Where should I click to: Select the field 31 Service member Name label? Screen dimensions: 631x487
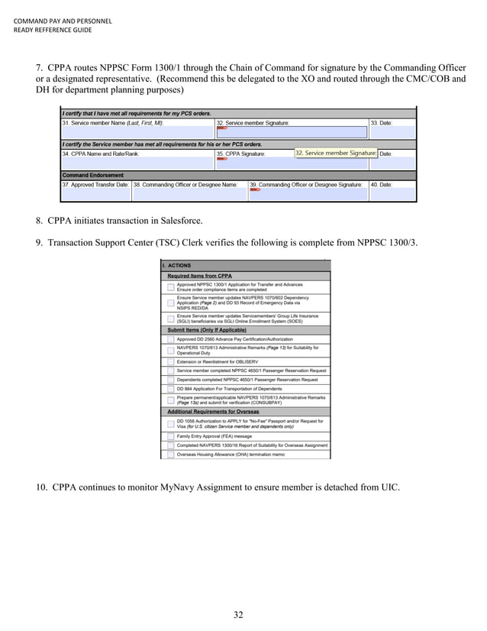pos(113,122)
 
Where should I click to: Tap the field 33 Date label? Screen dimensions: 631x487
pos(382,122)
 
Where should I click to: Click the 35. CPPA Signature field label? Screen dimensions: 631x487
pos(241,154)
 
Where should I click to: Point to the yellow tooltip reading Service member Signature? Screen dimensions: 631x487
pos(335,153)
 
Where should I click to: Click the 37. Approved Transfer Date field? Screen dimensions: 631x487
pos(95,185)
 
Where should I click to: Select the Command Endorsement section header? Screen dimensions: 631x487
pos(88,175)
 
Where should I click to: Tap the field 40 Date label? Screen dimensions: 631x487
pos(382,185)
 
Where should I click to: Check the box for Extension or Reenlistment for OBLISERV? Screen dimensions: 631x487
pos(170,361)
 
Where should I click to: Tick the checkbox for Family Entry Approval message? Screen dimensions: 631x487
pos(170,436)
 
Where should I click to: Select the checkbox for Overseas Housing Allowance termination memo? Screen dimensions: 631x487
pos(170,454)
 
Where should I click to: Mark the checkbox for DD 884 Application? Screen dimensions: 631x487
pos(170,388)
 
